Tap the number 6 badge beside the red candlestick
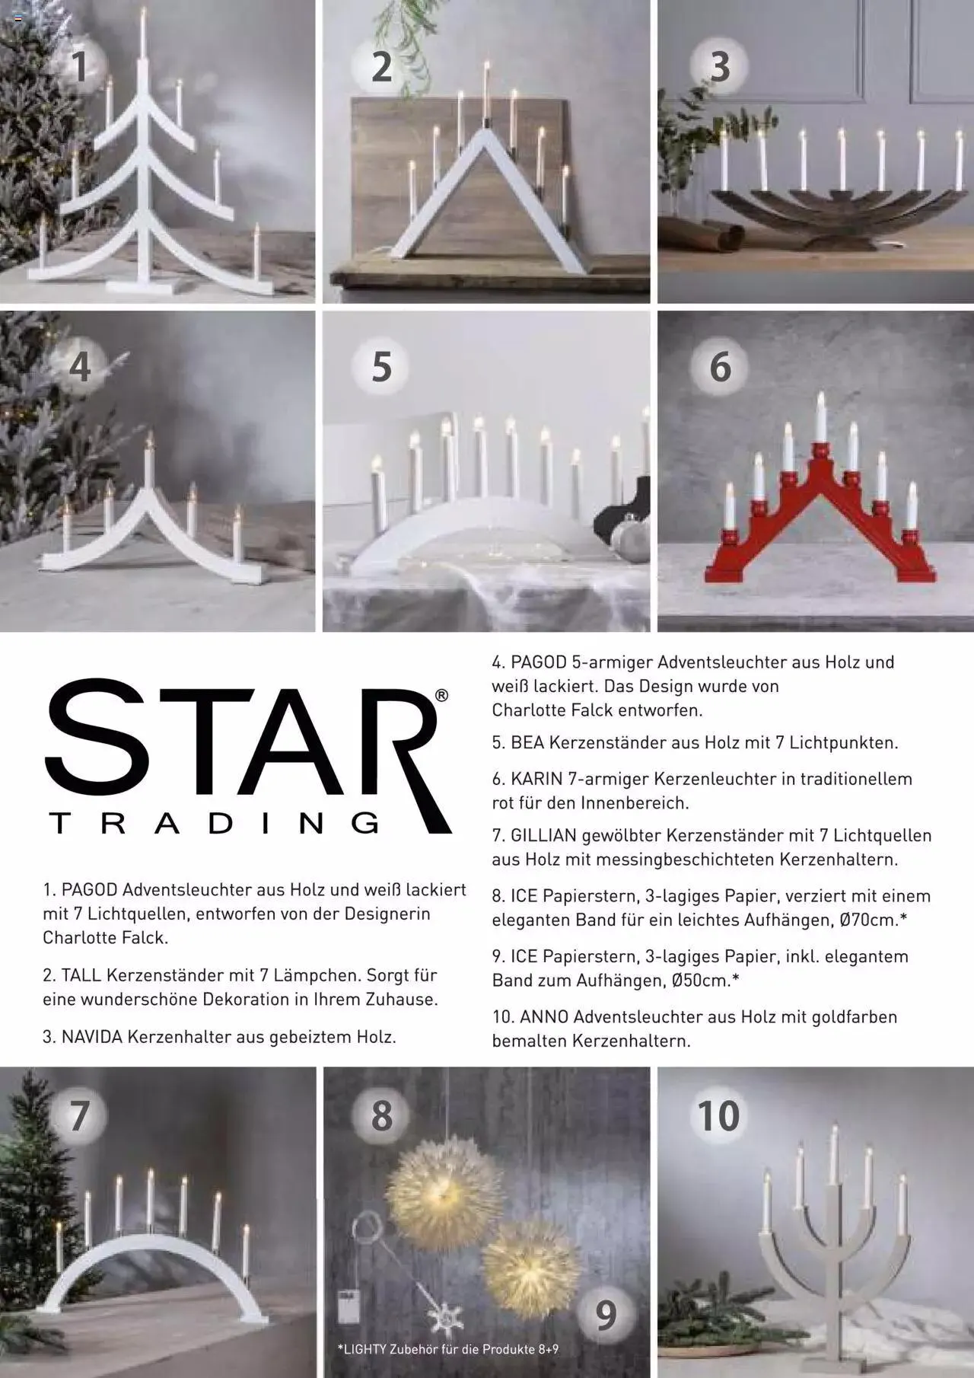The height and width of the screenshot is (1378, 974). (x=720, y=366)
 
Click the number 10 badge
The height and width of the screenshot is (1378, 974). (x=719, y=1116)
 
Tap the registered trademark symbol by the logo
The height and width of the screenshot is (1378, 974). (x=441, y=696)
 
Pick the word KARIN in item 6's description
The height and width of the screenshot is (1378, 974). (x=536, y=779)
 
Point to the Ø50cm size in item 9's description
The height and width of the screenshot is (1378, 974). (x=705, y=980)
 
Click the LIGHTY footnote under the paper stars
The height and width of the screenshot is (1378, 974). (x=448, y=1349)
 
